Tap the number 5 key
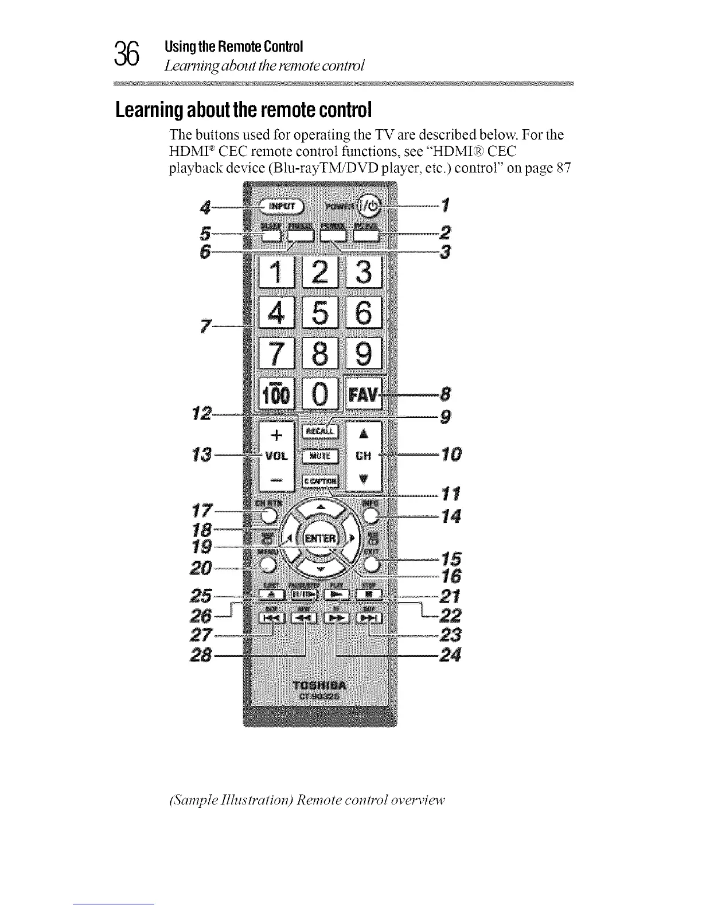pos(320,313)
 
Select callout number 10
pos(451,455)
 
